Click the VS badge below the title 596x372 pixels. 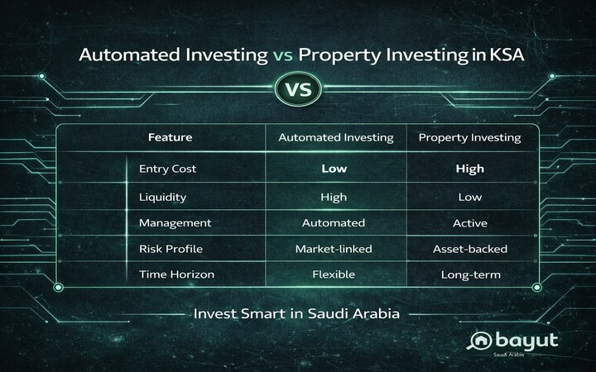(x=299, y=88)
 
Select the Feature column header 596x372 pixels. (x=170, y=137)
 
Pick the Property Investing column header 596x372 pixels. (x=470, y=137)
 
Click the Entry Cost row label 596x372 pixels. (x=170, y=169)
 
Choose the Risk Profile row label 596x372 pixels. (x=170, y=250)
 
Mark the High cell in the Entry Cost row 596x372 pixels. (x=470, y=169)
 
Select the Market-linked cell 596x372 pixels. (x=333, y=250)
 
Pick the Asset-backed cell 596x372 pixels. (x=470, y=250)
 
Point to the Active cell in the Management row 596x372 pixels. (x=470, y=223)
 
